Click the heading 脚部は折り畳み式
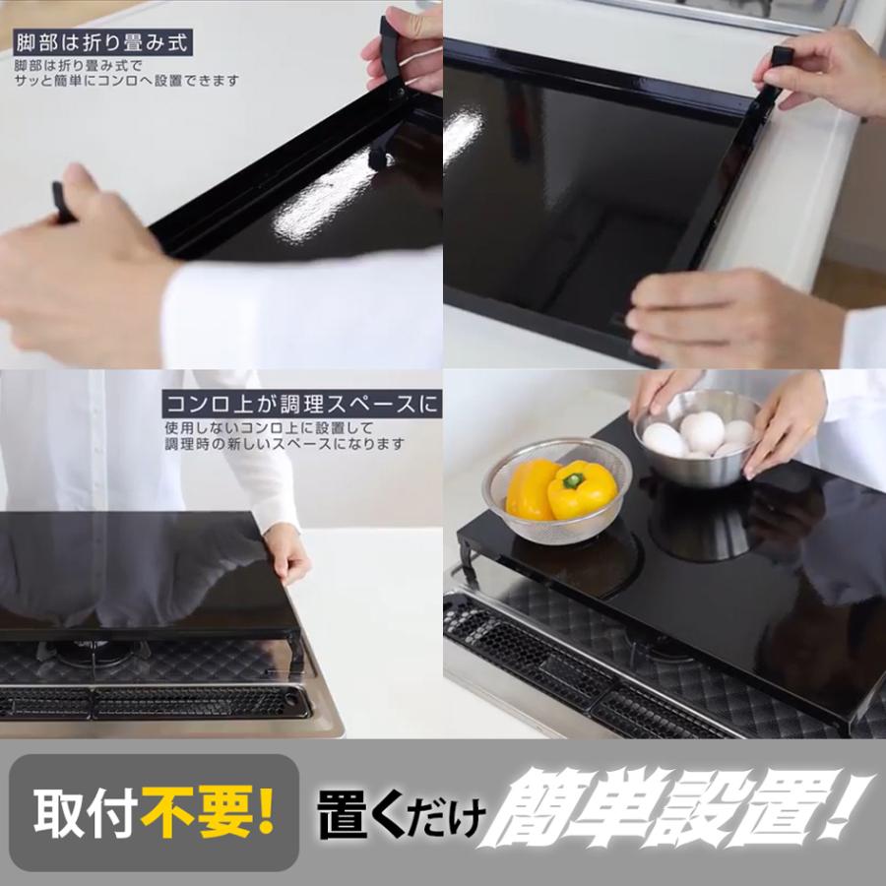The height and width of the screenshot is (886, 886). (99, 43)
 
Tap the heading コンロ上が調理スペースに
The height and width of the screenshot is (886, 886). (301, 404)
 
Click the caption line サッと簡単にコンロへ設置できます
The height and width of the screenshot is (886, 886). (126, 81)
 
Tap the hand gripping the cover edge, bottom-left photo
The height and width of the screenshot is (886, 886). (285, 552)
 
